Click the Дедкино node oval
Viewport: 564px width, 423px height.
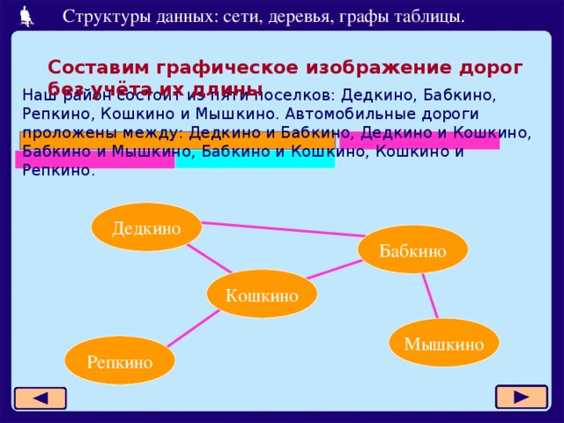tap(146, 227)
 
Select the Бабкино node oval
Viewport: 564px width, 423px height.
tap(412, 249)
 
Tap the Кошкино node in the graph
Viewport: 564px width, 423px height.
tap(261, 294)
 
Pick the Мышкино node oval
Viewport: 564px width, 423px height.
tap(443, 343)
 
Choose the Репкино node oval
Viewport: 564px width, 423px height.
tap(119, 360)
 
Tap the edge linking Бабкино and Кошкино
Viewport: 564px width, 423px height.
tap(335, 268)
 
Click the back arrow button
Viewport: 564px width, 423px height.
tap(40, 398)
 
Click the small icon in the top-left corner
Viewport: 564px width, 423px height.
tap(26, 15)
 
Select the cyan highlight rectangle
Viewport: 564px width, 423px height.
tap(255, 160)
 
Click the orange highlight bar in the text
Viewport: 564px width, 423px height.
tap(176, 140)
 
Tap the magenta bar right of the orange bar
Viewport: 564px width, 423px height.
tap(419, 140)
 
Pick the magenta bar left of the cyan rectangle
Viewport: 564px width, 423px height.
tap(94, 160)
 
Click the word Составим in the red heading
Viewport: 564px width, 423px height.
tap(99, 67)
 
